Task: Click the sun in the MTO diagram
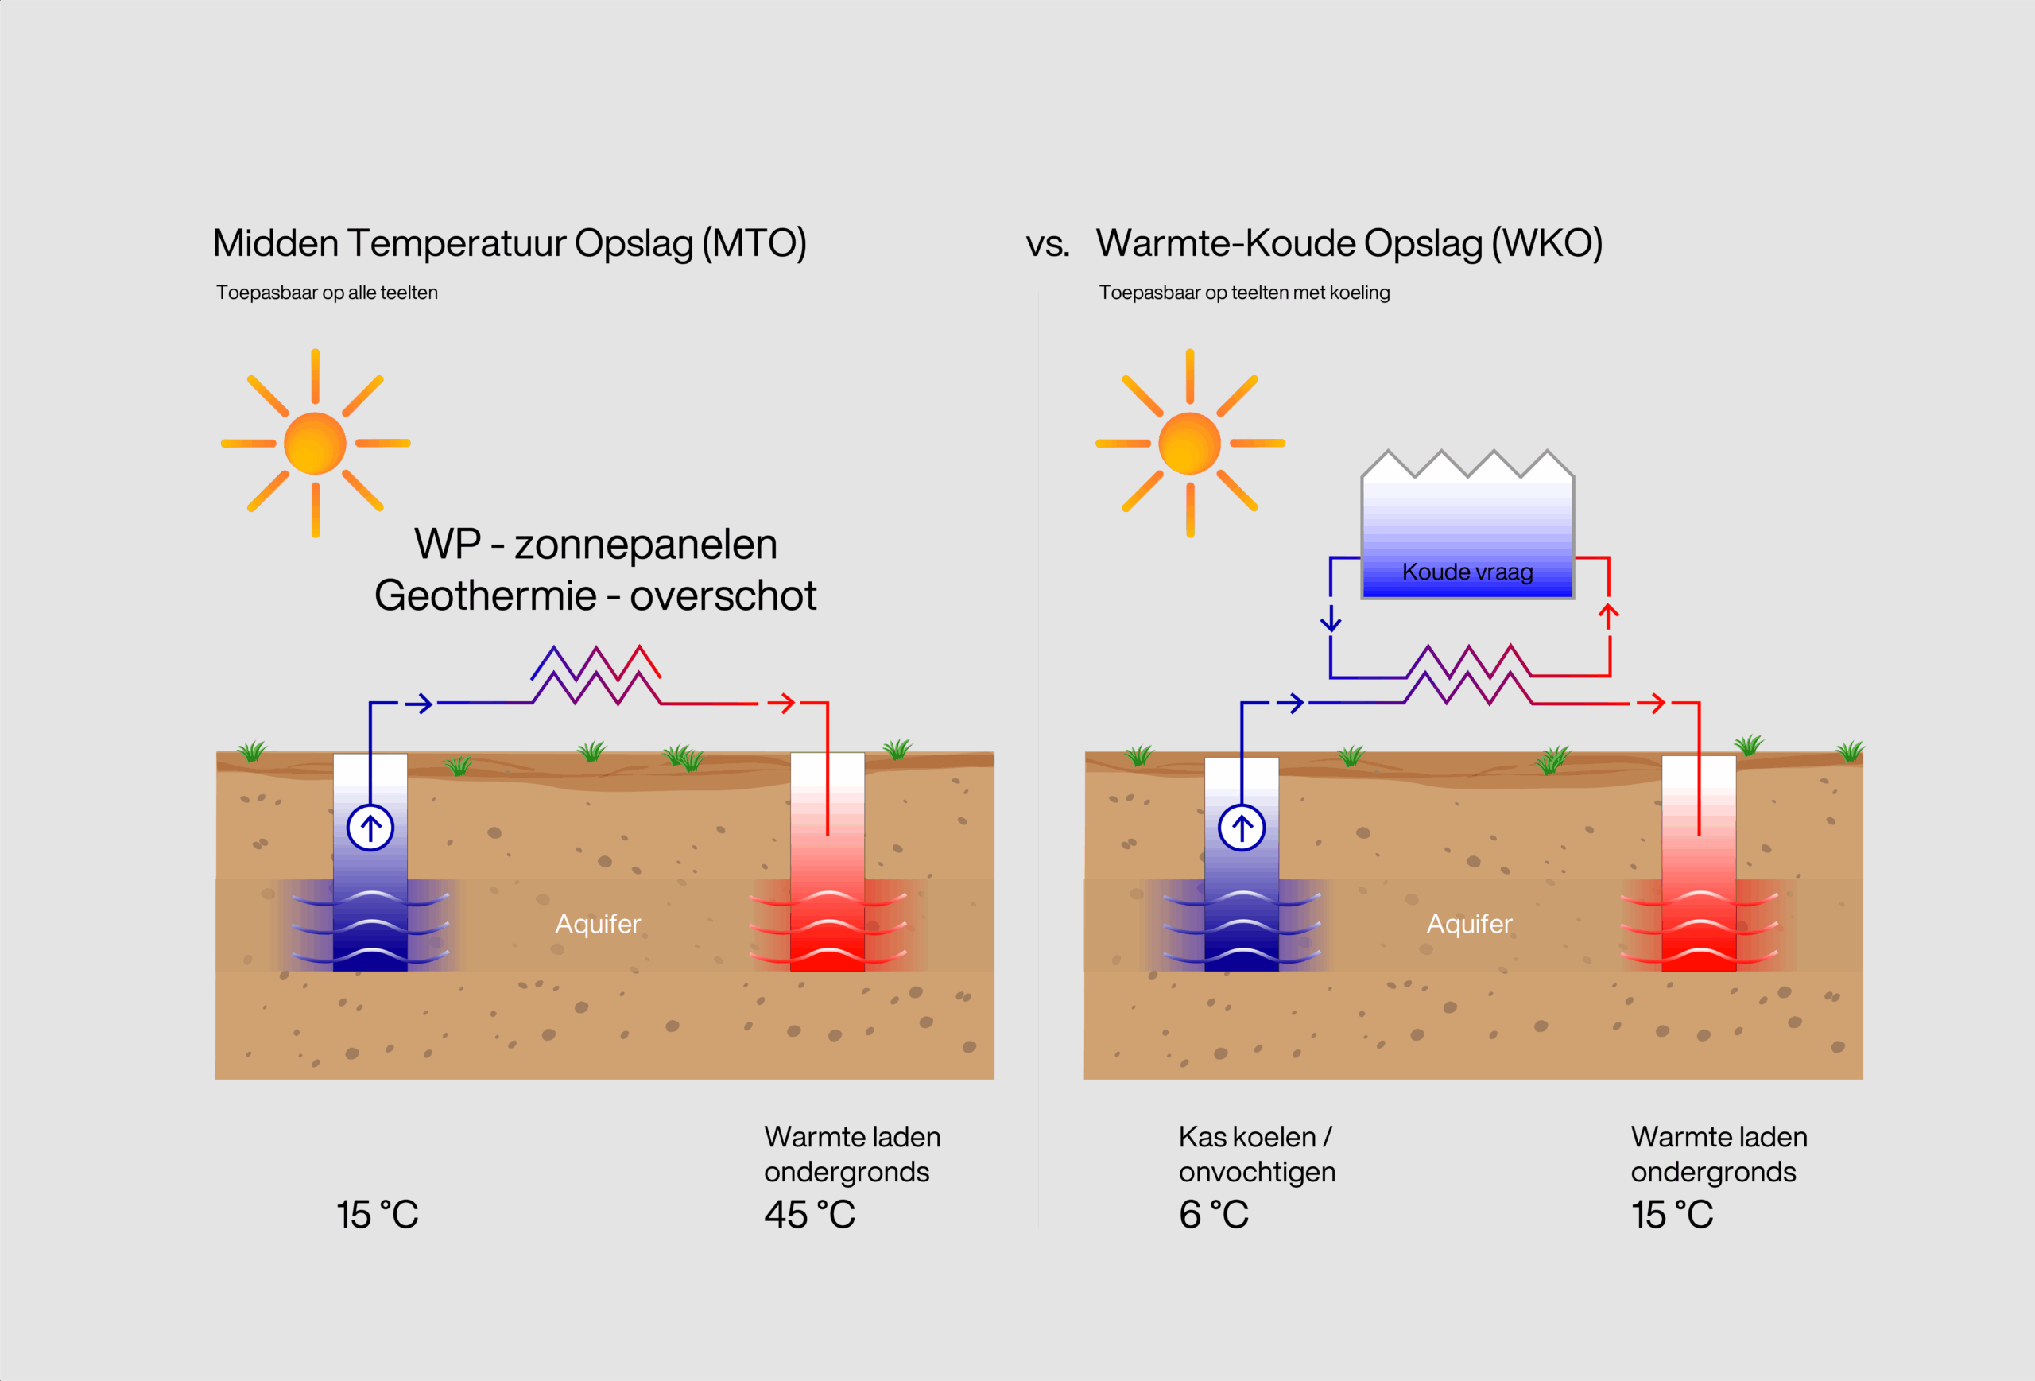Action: point(316,443)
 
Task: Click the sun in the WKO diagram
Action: point(1189,443)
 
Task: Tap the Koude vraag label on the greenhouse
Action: point(1467,572)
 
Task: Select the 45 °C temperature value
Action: point(809,1215)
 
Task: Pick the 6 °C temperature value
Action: point(1214,1215)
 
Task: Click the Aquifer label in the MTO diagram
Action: point(598,924)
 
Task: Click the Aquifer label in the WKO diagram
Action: point(1469,924)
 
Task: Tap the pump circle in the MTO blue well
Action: point(370,828)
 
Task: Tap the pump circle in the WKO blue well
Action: point(1242,828)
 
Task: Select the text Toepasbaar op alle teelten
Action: point(327,293)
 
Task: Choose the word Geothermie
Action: point(485,595)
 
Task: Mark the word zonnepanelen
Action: point(645,544)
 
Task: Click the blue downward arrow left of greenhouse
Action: point(1331,620)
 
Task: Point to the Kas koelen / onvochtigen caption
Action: point(1257,1154)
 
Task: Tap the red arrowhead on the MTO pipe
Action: point(783,702)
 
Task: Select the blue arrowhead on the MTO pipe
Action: point(421,703)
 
